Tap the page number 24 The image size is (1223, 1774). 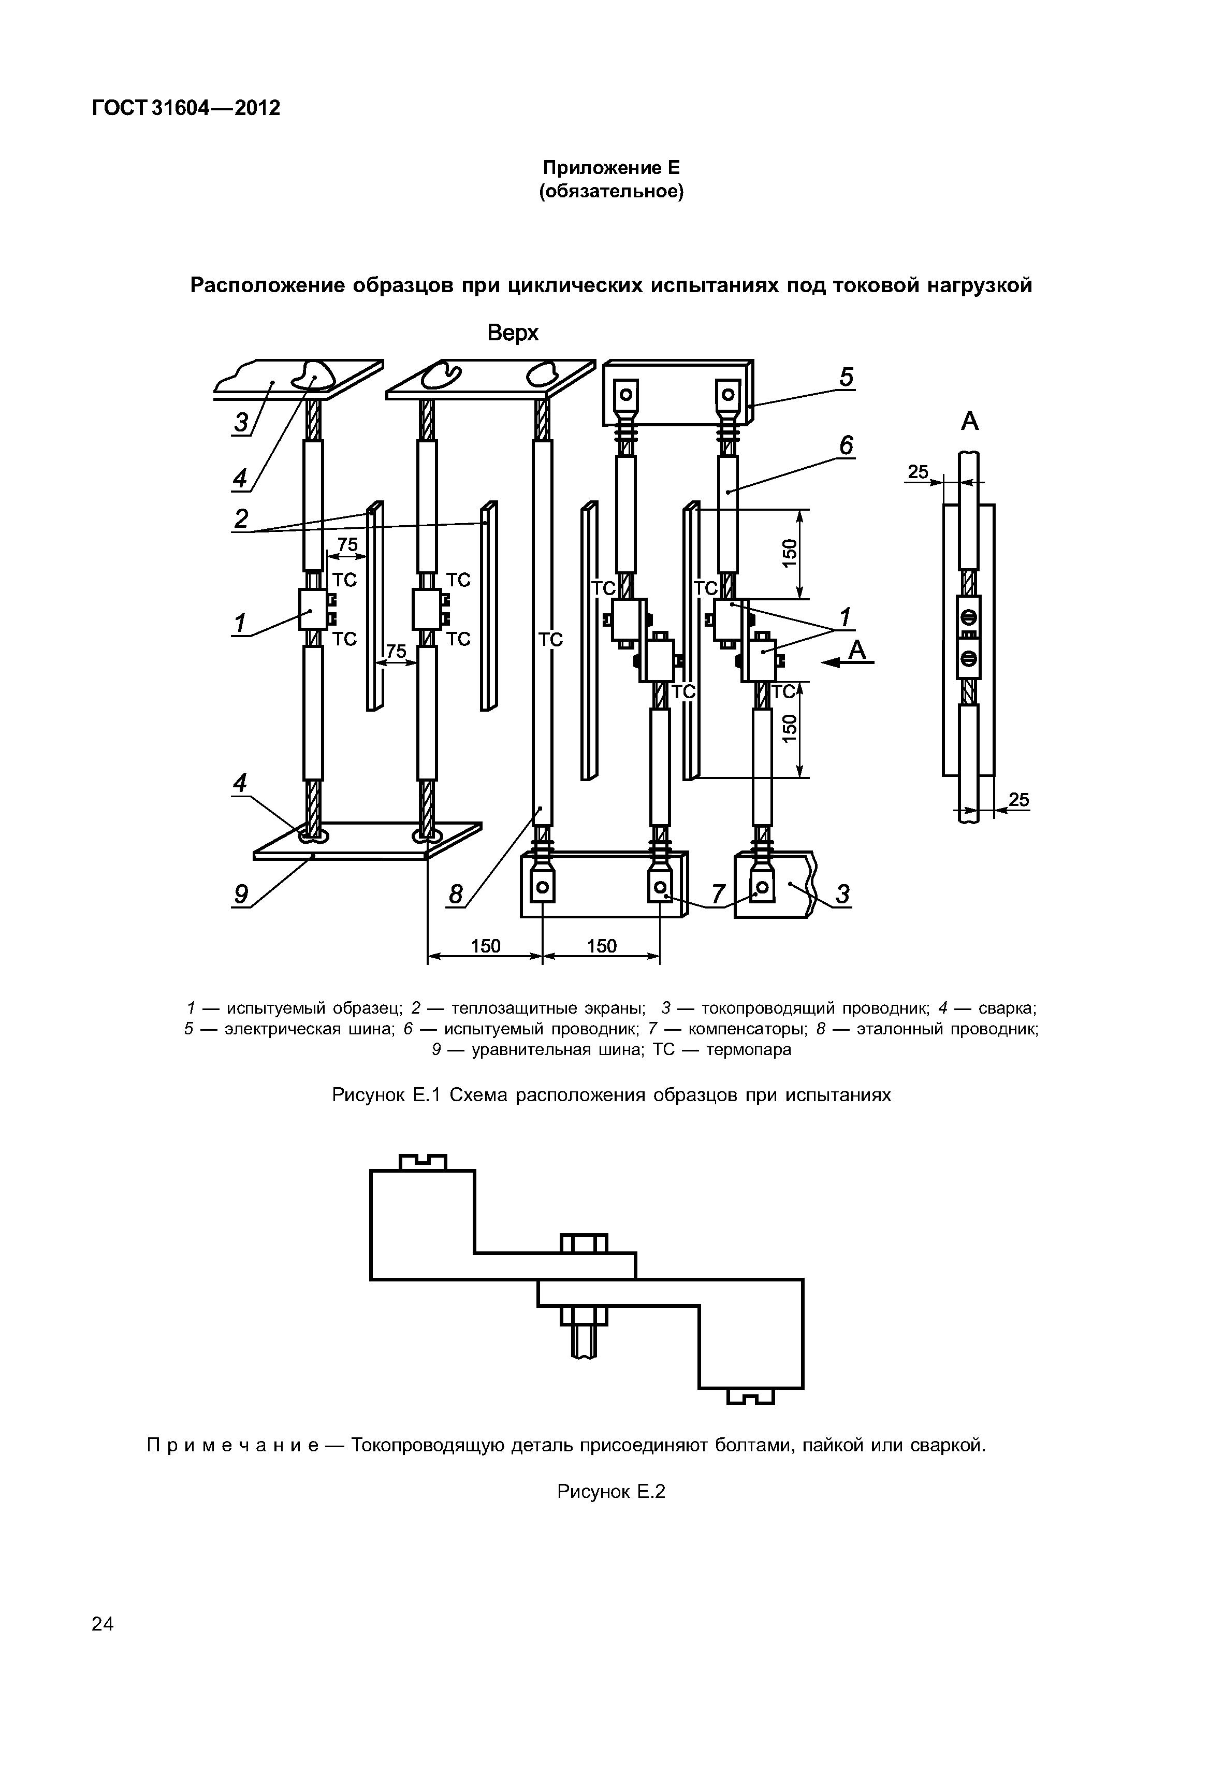pyautogui.click(x=103, y=1624)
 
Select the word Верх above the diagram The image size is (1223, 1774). pyautogui.click(x=513, y=333)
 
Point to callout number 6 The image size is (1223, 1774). pyautogui.click(x=846, y=445)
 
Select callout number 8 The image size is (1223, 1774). pyautogui.click(x=456, y=895)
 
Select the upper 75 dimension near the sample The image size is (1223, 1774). pyautogui.click(x=347, y=544)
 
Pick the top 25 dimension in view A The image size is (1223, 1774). pyautogui.click(x=918, y=472)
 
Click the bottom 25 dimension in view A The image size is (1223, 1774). pyautogui.click(x=1018, y=800)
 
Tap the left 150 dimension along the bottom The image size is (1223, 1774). pyautogui.click(x=485, y=946)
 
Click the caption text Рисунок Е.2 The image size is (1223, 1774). pyautogui.click(x=611, y=1491)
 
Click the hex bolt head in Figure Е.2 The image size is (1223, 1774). pyautogui.click(x=584, y=1243)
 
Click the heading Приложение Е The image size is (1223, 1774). pyautogui.click(x=611, y=168)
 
